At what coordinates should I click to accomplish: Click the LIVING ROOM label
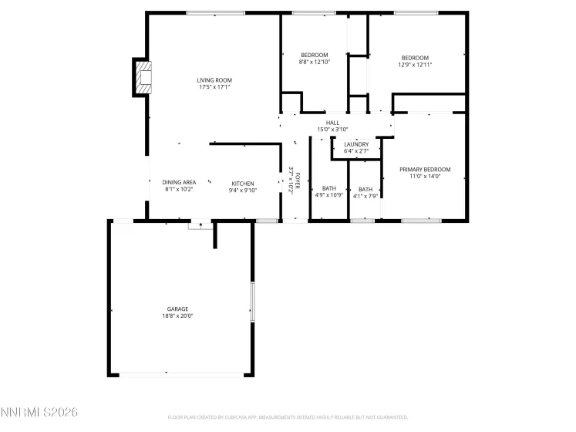coord(214,80)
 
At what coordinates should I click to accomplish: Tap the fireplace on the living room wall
coord(143,77)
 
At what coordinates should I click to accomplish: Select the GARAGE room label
coord(178,309)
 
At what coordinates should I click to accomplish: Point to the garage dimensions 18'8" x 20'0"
coord(178,316)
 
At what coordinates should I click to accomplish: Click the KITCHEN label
coord(243,184)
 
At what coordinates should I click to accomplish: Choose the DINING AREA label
coord(179,182)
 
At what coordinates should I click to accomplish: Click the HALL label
coord(333,123)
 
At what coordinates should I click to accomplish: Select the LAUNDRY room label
coord(356,144)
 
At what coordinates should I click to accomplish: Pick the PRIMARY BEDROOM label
coord(425,169)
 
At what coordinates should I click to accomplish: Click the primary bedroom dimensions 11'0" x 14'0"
coord(425,176)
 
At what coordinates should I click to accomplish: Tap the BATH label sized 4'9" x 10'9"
coord(329,189)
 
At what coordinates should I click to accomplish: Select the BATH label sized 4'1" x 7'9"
coord(365,189)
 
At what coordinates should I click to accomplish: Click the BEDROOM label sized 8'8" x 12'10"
coord(315,55)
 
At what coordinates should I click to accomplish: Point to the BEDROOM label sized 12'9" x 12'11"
coord(415,58)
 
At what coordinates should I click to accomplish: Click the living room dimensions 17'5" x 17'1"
coord(214,87)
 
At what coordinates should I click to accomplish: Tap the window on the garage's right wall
coord(252,302)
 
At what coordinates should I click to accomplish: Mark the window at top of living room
coord(215,13)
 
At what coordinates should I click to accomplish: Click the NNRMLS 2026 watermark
coord(39,413)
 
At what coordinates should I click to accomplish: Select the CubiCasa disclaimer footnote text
coord(288,417)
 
